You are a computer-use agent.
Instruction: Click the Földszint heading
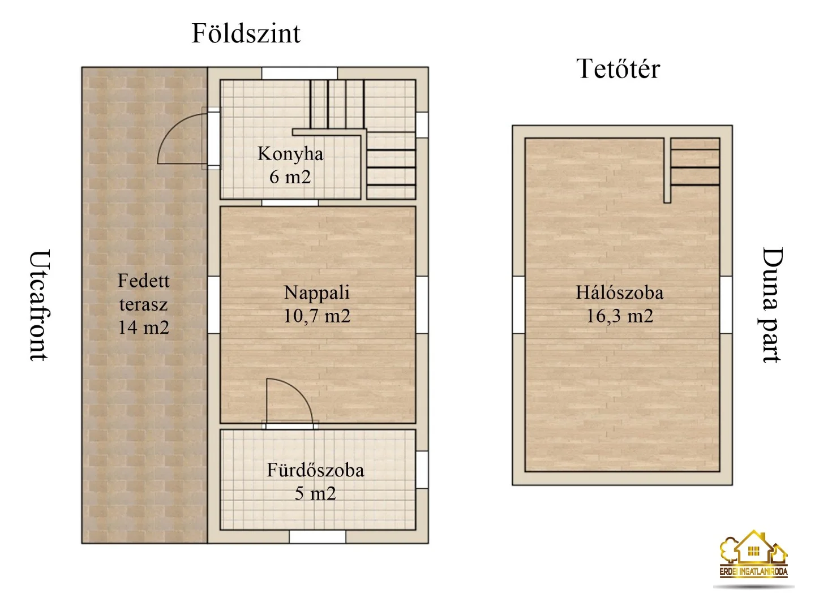click(x=246, y=33)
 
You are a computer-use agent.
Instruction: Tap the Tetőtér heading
click(x=618, y=69)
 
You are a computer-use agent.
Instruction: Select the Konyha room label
click(x=290, y=153)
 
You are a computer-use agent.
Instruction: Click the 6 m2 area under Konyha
click(x=290, y=177)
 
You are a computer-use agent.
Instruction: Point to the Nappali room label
click(x=317, y=292)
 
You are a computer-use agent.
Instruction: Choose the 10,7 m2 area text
click(x=317, y=316)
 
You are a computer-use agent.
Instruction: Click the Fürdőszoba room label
click(x=315, y=470)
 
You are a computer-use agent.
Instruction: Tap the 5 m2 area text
click(x=315, y=493)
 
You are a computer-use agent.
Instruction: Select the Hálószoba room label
click(x=620, y=292)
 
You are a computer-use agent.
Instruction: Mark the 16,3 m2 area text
click(x=620, y=316)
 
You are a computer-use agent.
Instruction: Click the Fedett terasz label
click(x=144, y=292)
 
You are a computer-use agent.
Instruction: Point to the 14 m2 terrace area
click(x=144, y=328)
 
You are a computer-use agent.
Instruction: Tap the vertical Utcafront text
click(x=40, y=305)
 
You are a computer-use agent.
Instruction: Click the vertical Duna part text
click(x=771, y=305)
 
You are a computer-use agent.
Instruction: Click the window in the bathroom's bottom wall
click(x=318, y=536)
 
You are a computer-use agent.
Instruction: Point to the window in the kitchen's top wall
click(x=299, y=74)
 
